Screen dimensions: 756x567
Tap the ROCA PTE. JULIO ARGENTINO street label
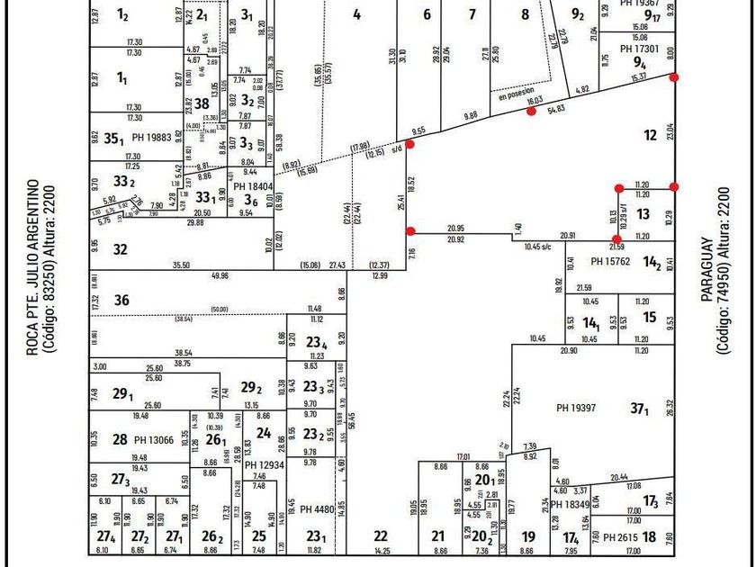coord(31,267)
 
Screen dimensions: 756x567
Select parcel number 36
coord(121,301)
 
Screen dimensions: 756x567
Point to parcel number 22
coord(381,536)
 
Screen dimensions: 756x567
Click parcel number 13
coord(643,214)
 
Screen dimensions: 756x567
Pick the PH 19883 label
coord(151,138)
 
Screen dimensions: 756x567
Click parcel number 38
coord(202,103)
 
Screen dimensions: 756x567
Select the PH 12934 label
coord(265,465)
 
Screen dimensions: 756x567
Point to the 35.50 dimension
coord(181,265)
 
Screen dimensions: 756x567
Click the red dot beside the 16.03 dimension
coord(531,112)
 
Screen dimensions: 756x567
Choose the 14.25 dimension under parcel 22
coord(382,550)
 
